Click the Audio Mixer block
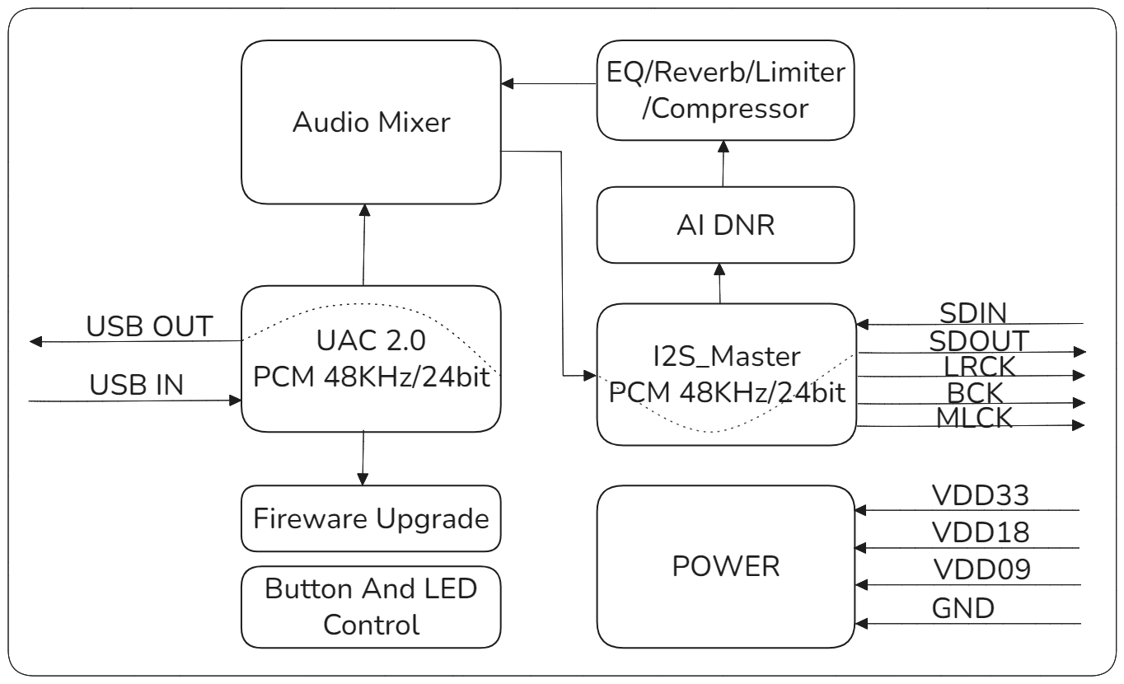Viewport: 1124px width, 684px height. tap(371, 124)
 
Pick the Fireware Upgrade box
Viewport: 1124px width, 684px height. tap(371, 519)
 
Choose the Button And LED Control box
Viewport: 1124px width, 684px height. tap(371, 607)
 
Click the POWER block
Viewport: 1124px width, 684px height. tap(725, 567)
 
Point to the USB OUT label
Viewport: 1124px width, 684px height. tap(151, 326)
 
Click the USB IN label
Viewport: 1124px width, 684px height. tap(138, 384)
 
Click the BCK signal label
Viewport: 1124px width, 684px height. tap(974, 391)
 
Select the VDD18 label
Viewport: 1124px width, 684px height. tap(979, 533)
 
